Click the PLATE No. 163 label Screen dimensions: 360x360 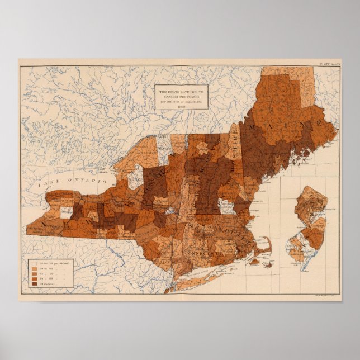point(329,64)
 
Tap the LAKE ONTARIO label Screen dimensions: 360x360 point(69,182)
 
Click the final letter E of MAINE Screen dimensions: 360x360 point(321,122)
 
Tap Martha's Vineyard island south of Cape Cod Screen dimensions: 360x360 point(255,260)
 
